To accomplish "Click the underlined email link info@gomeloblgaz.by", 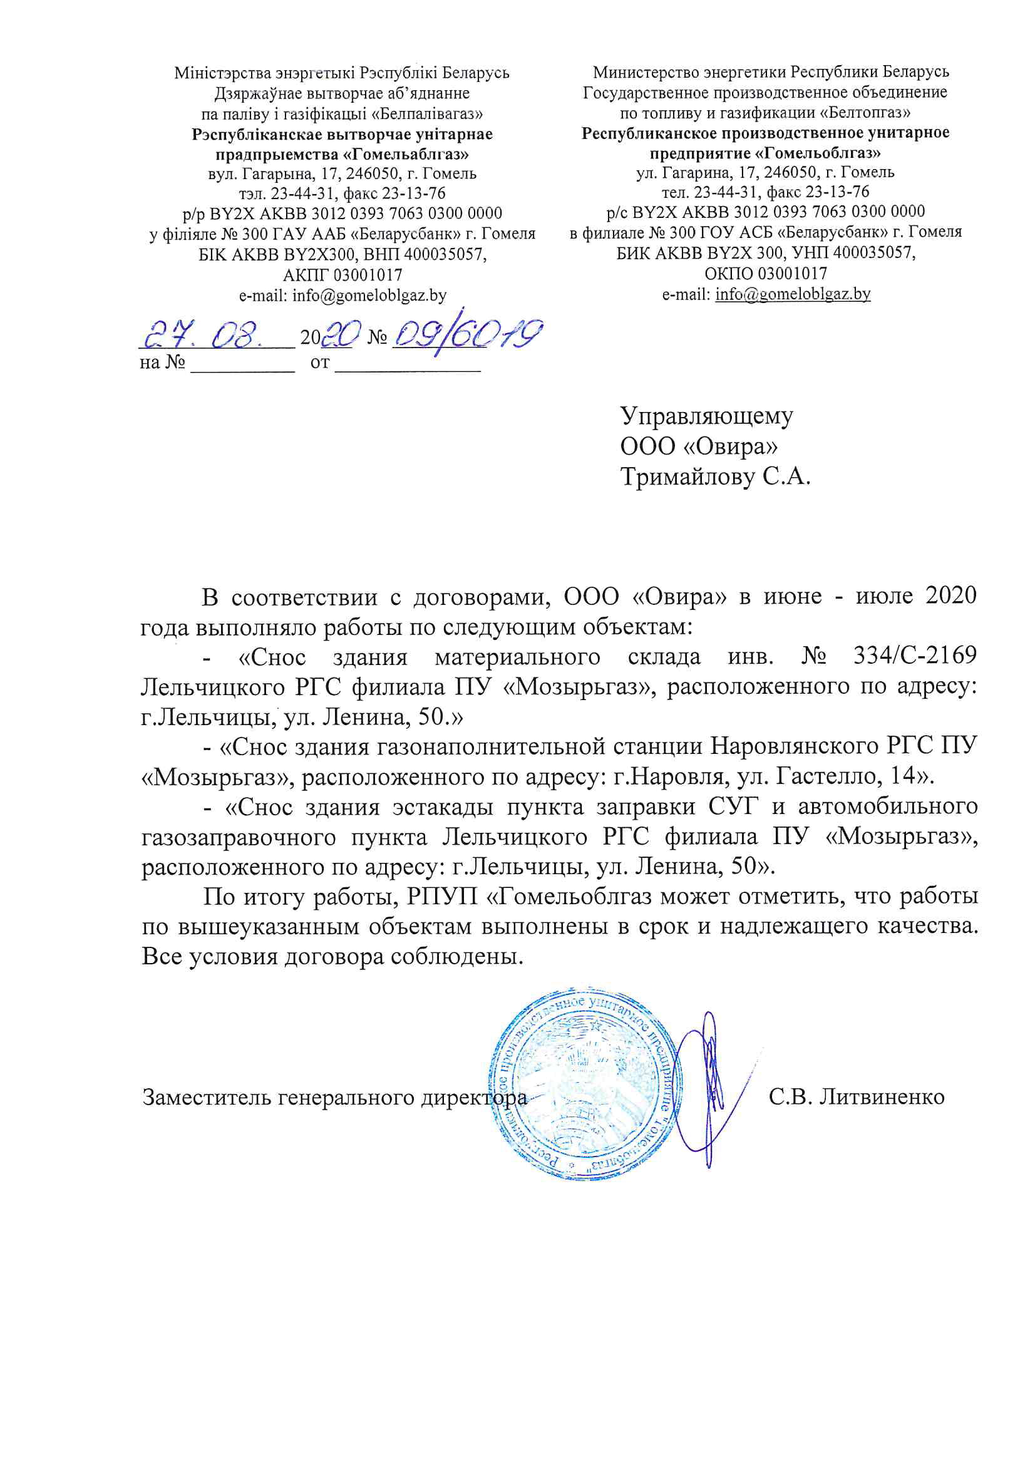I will point(793,294).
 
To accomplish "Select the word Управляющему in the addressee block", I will point(706,416).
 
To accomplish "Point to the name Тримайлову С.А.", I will point(715,477).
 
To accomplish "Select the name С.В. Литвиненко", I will point(857,1096).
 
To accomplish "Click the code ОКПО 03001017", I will point(765,274).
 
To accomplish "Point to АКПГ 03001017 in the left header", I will point(342,276).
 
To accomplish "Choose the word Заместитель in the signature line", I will point(205,1096).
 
